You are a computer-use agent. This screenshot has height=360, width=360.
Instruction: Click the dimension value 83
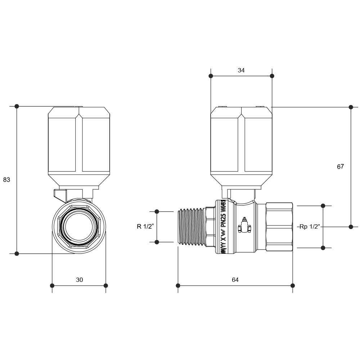(6, 180)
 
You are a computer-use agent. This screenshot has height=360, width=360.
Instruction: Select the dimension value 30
(79, 280)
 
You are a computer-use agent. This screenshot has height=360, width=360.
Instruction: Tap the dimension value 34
(241, 71)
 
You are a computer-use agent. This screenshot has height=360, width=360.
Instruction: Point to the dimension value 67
(341, 167)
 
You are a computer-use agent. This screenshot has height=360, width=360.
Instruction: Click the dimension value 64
(235, 280)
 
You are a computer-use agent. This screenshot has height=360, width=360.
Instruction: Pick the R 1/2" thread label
(145, 226)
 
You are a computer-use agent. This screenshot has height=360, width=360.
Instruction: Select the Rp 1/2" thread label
(309, 226)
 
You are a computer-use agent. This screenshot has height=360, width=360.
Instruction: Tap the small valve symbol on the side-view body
(243, 226)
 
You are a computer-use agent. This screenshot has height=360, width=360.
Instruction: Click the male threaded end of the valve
(192, 226)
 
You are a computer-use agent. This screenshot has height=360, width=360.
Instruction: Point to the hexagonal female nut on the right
(279, 226)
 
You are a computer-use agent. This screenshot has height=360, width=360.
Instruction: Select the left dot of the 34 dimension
(211, 76)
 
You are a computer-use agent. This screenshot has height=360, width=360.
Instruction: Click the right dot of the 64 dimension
(293, 285)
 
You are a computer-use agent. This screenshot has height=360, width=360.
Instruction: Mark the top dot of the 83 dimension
(17, 106)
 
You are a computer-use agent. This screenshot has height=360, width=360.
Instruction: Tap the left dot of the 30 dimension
(52, 285)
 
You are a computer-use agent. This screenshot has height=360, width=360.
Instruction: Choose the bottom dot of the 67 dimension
(351, 226)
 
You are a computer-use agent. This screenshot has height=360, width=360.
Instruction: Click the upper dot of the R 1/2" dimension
(157, 211)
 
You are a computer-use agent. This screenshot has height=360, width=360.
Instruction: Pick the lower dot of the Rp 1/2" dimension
(323, 248)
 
